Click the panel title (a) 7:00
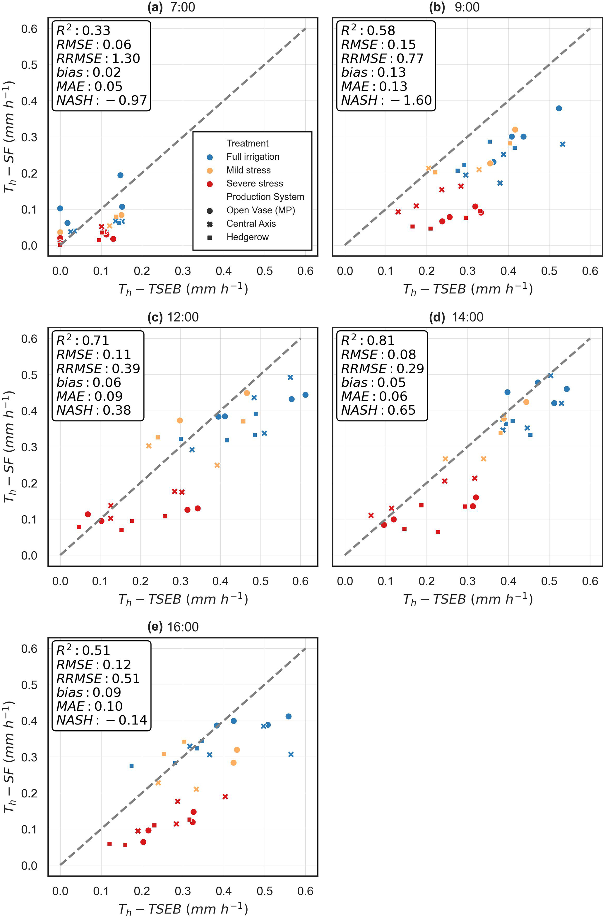coord(171,7)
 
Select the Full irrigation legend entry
coord(252,157)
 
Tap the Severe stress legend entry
coord(254,183)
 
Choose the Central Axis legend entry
coord(251,224)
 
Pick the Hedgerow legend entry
coord(247,237)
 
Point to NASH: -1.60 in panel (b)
coord(386,101)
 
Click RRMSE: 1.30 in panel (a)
coord(98,59)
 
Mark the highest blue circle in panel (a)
coord(120,175)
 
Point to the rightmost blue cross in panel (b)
coord(563,144)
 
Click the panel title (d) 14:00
coord(456,317)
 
